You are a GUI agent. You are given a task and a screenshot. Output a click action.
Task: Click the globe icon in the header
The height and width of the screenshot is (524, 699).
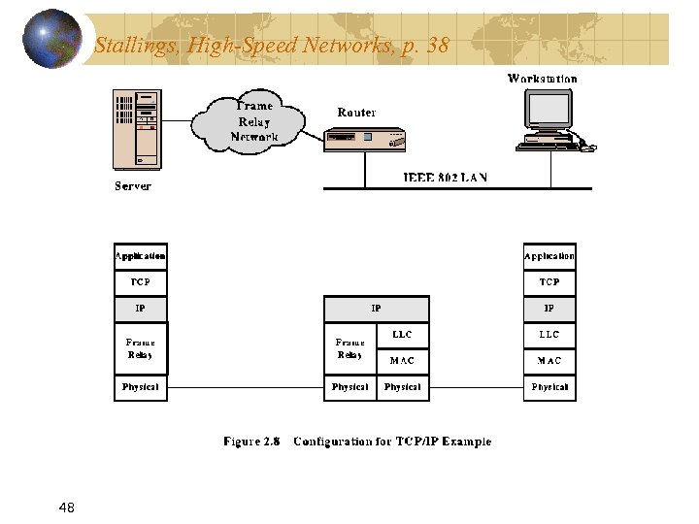[x=52, y=38]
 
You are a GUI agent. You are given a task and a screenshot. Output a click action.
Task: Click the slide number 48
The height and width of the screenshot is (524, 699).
[x=67, y=508]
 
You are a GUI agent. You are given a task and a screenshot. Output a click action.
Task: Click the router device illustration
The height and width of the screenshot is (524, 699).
[x=366, y=141]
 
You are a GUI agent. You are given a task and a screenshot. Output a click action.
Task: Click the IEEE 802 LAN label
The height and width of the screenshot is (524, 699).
[x=445, y=178]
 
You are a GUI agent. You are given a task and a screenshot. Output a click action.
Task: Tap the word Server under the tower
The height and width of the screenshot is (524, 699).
[x=133, y=185]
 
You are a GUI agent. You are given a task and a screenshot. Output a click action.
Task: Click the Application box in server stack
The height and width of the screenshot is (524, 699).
[x=141, y=256]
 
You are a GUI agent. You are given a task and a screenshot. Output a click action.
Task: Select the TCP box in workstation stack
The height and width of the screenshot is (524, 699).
[x=549, y=282]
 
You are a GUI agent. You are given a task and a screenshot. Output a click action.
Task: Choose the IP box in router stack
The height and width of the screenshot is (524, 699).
[x=376, y=309]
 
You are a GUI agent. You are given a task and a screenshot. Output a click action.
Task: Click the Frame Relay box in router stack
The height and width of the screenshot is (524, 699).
[x=349, y=348]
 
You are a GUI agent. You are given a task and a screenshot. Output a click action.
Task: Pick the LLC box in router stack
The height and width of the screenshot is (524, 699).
[x=402, y=335]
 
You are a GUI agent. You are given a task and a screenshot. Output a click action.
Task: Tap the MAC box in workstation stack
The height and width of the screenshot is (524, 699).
[x=549, y=361]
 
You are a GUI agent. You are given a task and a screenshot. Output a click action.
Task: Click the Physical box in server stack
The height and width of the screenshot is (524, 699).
[x=141, y=387]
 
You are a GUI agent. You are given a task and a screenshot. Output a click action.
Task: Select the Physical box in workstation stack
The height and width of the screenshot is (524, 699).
[x=549, y=387]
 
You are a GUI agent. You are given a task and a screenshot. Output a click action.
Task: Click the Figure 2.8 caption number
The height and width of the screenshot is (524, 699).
[x=251, y=442]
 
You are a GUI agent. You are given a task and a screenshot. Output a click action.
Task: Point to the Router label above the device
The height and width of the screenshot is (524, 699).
[x=356, y=113]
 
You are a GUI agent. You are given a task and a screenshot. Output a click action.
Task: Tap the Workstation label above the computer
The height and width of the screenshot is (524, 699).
[x=542, y=79]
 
